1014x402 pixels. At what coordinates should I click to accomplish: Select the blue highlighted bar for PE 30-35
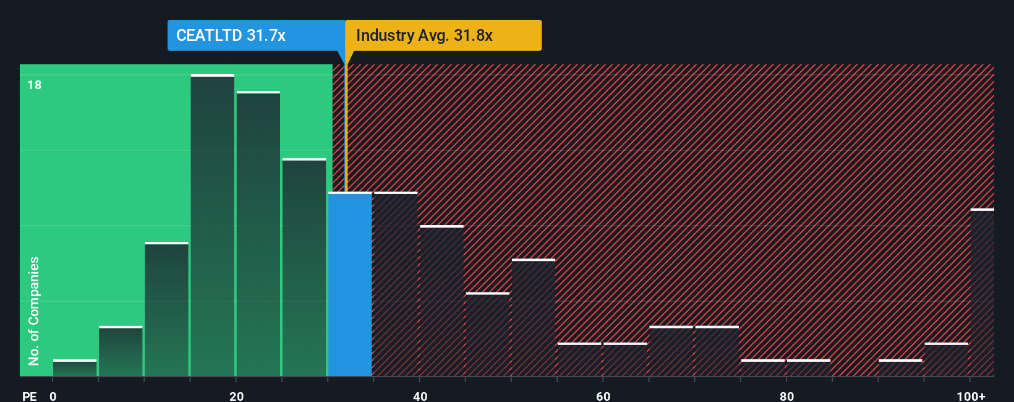350,284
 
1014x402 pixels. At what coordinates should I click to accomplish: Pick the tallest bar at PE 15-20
213,226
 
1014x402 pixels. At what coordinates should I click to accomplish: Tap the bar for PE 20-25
258,234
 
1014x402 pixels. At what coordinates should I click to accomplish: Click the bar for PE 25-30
304,267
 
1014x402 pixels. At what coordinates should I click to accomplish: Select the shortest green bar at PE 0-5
75,368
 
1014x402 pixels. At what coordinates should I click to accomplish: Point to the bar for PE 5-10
121,351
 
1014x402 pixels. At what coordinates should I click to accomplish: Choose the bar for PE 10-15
167,309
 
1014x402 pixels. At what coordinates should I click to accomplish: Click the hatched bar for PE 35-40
396,284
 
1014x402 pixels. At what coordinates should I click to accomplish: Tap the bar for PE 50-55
534,318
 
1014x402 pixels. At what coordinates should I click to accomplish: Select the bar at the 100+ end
982,293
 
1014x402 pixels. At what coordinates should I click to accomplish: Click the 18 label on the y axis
35,85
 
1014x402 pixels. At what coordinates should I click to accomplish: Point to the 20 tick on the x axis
236,396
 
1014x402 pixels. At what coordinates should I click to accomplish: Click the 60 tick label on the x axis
603,396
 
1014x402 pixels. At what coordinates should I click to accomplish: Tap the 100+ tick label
971,396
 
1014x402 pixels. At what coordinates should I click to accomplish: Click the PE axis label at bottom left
29,396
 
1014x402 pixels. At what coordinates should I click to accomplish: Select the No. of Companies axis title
34,310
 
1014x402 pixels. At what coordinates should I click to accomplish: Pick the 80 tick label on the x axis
786,396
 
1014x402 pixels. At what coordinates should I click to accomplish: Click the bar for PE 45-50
488,335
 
